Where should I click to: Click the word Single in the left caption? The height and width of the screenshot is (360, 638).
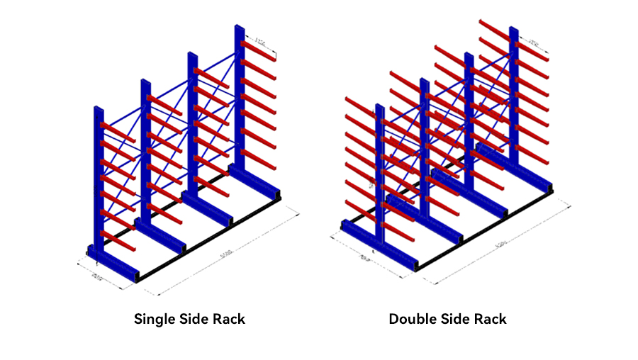[x=155, y=319]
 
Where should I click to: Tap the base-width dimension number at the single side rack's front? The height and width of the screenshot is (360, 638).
[x=97, y=275]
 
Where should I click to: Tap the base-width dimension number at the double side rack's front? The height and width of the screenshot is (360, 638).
[x=366, y=256]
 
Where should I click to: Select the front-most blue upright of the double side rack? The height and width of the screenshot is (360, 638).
[x=380, y=177]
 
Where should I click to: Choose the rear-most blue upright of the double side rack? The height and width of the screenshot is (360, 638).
[x=513, y=92]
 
